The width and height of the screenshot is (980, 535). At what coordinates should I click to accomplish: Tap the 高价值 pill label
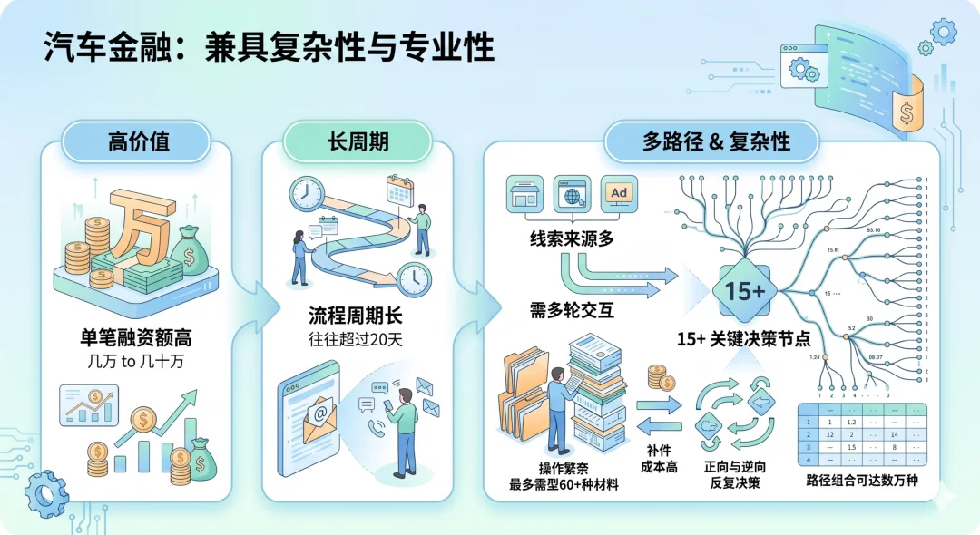click(x=138, y=141)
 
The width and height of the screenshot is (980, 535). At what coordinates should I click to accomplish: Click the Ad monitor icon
click(x=619, y=194)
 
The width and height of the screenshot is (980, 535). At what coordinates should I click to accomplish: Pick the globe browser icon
click(x=572, y=194)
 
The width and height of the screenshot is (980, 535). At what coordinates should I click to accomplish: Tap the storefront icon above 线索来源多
click(x=525, y=194)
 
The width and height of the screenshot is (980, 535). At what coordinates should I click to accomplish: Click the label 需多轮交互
click(x=572, y=310)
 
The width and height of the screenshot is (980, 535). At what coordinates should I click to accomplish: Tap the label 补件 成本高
click(x=660, y=458)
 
